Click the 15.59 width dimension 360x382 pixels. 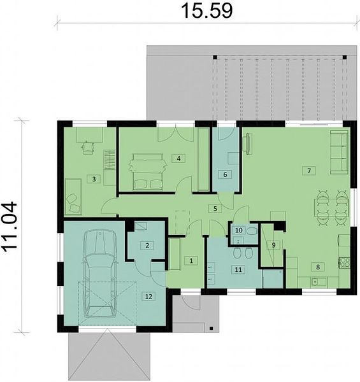[x=206, y=10]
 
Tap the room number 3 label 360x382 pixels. [x=94, y=180]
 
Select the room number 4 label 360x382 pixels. [x=178, y=159]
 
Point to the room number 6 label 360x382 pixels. [x=225, y=174]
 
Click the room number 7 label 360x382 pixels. [x=309, y=171]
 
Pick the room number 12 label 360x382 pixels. [x=148, y=297]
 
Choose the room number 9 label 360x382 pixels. [x=273, y=245]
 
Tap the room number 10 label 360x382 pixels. [x=239, y=230]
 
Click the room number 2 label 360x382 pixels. [x=147, y=245]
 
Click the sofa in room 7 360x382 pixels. [x=339, y=153]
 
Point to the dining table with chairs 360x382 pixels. [x=331, y=208]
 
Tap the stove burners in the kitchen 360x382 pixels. [x=344, y=262]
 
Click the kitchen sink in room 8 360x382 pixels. [x=318, y=282]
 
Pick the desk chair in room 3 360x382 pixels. [x=87, y=148]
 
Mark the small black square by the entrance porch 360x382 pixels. [x=211, y=329]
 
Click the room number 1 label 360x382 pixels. [x=191, y=261]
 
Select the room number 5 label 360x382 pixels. [x=215, y=209]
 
